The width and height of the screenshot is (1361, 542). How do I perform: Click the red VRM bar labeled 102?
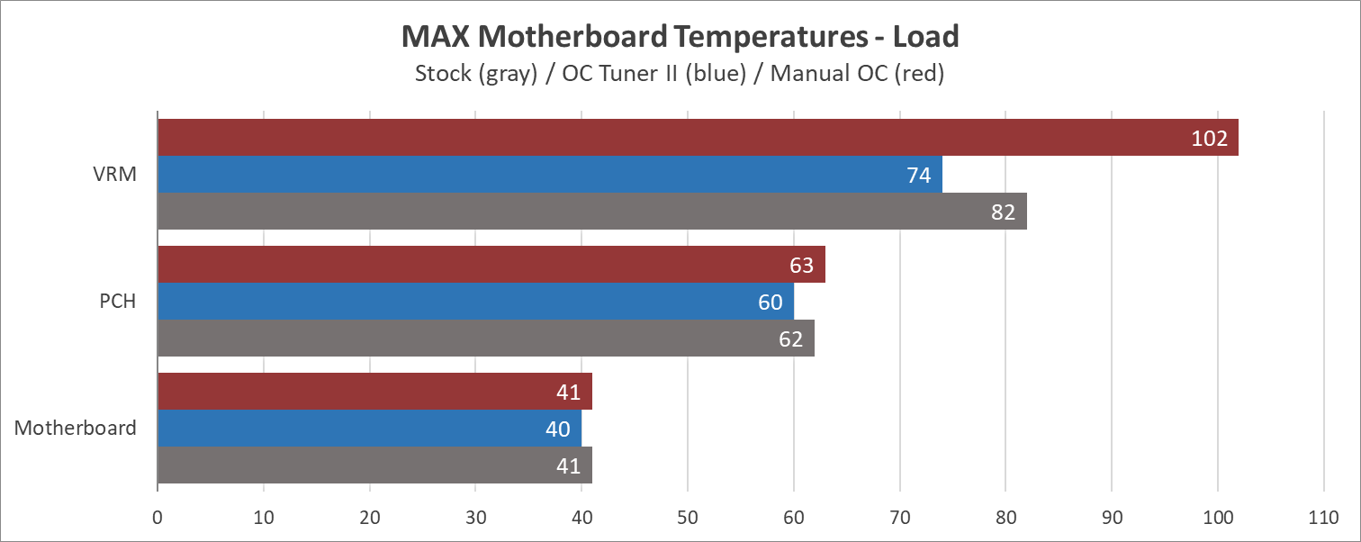coord(698,137)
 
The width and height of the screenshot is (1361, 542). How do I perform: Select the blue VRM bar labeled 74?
coord(549,175)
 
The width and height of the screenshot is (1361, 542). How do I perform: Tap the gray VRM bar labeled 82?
coord(591,212)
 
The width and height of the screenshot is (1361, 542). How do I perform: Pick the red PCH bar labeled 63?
coord(491,265)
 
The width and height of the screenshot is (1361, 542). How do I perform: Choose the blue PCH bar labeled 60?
coord(475,302)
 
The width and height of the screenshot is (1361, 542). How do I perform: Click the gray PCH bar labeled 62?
coord(486,339)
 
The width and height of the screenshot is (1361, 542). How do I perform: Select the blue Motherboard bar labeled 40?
coord(369,429)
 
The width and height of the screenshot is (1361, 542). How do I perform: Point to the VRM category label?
coord(115,175)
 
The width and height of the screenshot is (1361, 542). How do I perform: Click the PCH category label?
coord(117,302)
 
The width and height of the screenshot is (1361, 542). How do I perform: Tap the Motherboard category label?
coord(76,428)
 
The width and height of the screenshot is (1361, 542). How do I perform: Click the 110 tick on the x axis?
coord(1323,519)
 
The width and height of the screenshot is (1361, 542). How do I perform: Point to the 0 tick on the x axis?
coord(158,519)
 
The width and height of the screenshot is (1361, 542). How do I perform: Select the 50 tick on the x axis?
coord(688,519)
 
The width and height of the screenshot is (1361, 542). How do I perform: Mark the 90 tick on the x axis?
coord(1112,519)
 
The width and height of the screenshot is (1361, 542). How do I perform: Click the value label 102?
coord(1209,139)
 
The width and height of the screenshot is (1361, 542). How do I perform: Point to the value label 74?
coord(918,176)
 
